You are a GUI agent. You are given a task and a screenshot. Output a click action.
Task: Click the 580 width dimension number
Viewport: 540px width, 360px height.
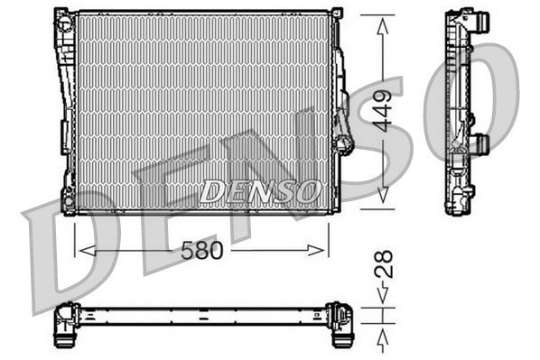(202, 250)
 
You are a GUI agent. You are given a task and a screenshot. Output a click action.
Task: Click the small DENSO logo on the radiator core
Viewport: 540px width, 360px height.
(260, 189)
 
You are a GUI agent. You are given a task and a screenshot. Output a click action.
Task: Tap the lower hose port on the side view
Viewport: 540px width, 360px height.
(481, 143)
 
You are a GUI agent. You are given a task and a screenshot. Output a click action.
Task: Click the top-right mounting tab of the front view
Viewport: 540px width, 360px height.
(336, 13)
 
